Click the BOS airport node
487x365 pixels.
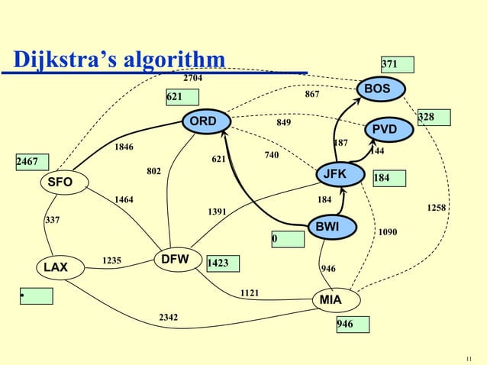pyautogui.click(x=376, y=89)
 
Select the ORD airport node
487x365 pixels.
pyautogui.click(x=204, y=121)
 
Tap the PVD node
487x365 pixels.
pyautogui.click(x=384, y=129)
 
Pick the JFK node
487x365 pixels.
pyautogui.click(x=334, y=175)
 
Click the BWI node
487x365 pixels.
pyautogui.click(x=327, y=226)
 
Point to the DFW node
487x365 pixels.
pyautogui.click(x=176, y=259)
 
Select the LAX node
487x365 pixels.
pyautogui.click(x=55, y=268)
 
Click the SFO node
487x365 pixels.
pyautogui.click(x=58, y=182)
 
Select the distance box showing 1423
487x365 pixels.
pyautogui.click(x=222, y=263)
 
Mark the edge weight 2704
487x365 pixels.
pyautogui.click(x=193, y=78)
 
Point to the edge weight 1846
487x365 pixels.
pyautogui.click(x=124, y=146)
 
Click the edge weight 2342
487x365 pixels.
pyautogui.click(x=169, y=316)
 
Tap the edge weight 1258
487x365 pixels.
pyautogui.click(x=437, y=208)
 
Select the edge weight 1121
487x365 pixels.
pyautogui.click(x=250, y=292)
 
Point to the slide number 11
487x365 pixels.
pyautogui.click(x=469, y=357)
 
